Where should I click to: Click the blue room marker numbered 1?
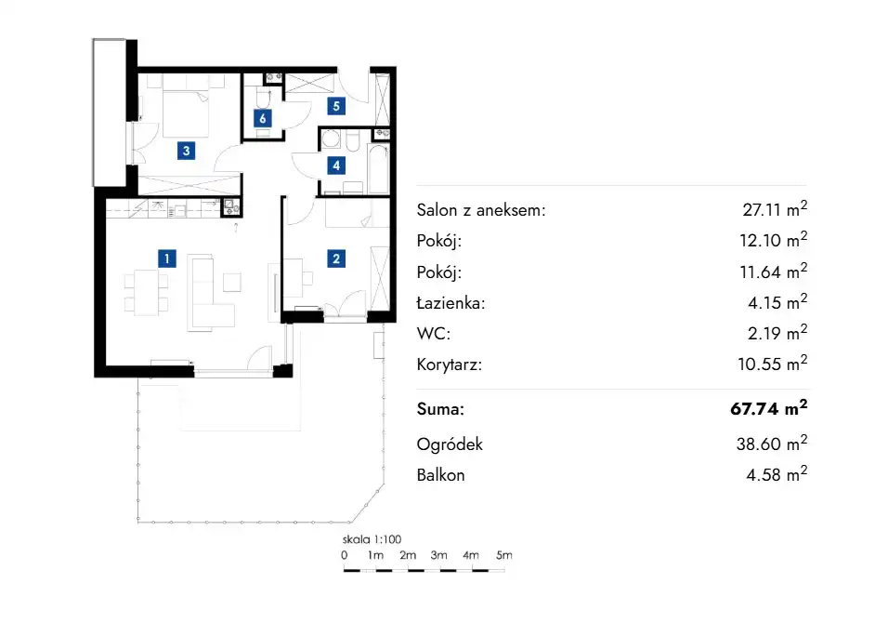coord(166,258)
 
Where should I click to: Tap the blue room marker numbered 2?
coord(336,258)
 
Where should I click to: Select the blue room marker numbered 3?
coord(187,151)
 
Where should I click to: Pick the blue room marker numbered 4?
coord(336,166)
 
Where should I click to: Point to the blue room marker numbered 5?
coord(336,106)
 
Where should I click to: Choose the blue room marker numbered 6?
coord(262,118)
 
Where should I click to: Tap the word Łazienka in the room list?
coord(451,303)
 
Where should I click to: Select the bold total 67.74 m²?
coord(768,407)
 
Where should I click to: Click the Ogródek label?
coord(450,444)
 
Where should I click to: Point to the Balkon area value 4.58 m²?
coord(777,473)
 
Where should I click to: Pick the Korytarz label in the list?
coord(449,365)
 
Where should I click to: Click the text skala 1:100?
coord(372,539)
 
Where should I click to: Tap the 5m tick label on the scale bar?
coord(504,555)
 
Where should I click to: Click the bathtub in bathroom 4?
coord(378,169)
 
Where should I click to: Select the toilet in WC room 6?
coord(264,98)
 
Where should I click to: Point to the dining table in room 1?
coord(146,293)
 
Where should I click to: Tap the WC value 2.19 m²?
coord(777,332)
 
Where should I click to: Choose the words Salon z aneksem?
coord(481,210)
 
